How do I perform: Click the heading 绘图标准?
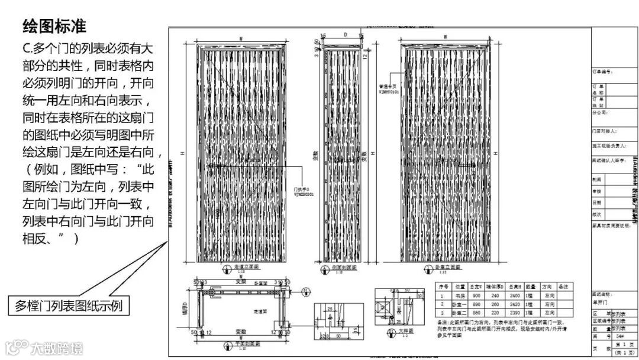pyautogui.click(x=54, y=26)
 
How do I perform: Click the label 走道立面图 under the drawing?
pyautogui.click(x=242, y=267)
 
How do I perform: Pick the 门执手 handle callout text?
pyautogui.click(x=302, y=188)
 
